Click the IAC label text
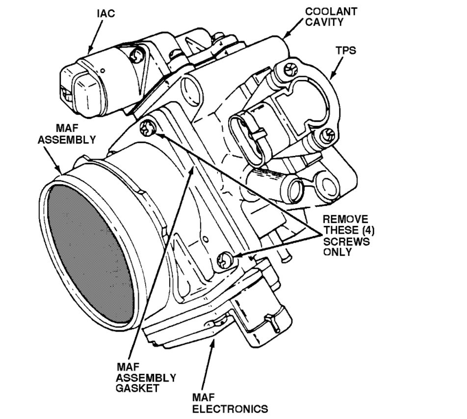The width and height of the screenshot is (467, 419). click(x=105, y=14)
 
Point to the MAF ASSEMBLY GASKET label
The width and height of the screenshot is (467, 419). click(x=146, y=377)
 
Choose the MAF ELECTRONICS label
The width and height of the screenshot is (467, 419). click(x=230, y=402)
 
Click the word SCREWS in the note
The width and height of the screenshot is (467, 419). click(x=346, y=242)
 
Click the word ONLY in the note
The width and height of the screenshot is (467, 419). click(x=337, y=252)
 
